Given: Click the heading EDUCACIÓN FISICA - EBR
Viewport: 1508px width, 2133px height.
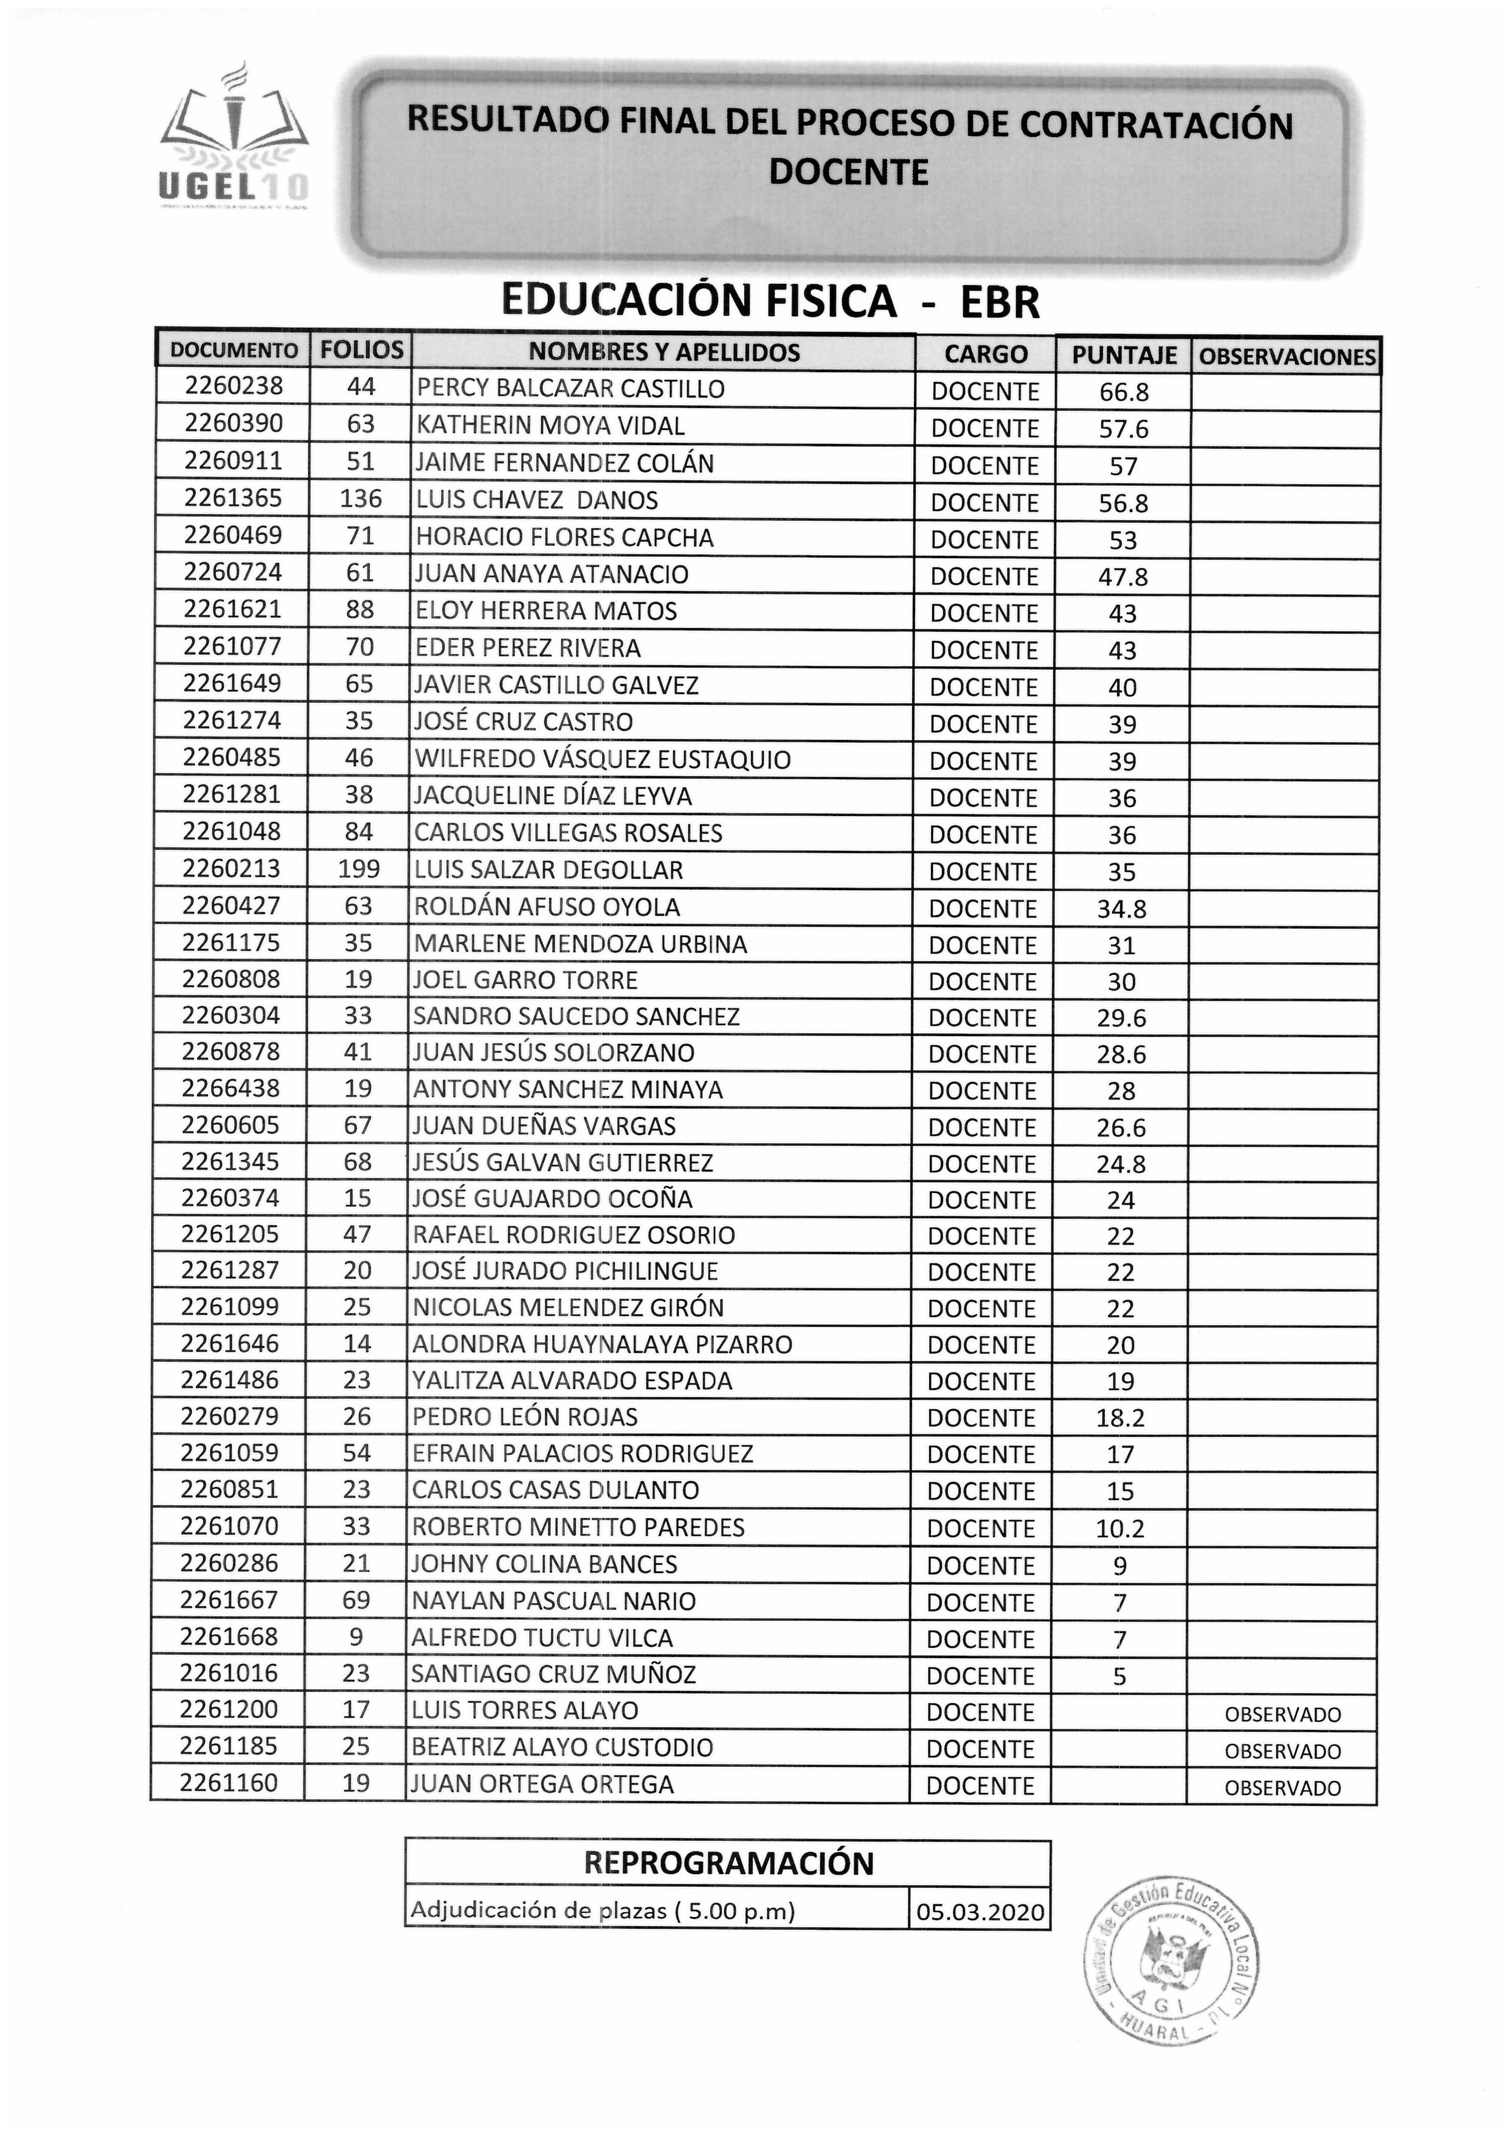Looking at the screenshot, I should coord(769,301).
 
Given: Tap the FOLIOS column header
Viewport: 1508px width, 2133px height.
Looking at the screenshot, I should coord(361,350).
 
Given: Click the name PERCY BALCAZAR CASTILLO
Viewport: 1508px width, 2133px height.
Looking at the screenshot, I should coord(570,389).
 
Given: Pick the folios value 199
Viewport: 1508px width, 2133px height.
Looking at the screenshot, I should coord(359,869).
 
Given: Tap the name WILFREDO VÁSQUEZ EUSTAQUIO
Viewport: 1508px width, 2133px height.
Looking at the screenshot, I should coord(602,759).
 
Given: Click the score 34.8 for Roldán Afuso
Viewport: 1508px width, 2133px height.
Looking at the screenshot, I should coord(1121,908).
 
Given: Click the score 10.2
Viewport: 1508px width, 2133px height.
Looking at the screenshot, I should coord(1119,1528).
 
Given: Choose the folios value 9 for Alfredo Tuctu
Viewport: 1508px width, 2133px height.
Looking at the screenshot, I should coord(356,1637).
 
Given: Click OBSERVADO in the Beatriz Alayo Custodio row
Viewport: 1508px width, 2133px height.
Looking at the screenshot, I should coord(1282,1751).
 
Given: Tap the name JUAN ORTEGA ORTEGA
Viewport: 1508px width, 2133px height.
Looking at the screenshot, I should coord(542,1785).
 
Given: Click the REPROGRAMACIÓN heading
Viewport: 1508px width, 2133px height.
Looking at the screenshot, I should coord(728,1862).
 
